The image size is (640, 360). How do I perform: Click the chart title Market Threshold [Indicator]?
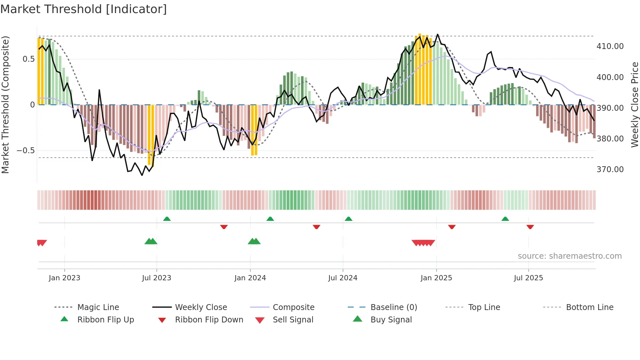tap(84, 9)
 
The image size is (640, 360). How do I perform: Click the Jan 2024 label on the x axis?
tap(250, 278)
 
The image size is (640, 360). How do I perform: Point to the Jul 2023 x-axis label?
tap(156, 278)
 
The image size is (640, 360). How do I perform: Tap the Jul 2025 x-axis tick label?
tap(528, 278)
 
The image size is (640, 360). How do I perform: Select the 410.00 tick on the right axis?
tap(610, 46)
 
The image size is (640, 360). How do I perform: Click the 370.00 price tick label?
tap(610, 170)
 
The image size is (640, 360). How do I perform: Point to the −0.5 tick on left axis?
tap(25, 151)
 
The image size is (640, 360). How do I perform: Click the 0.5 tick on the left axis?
tap(28, 59)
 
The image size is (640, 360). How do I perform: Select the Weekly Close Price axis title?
tap(634, 105)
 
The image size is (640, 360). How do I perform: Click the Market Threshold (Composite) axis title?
tap(5, 105)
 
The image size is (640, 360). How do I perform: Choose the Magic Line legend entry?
tap(98, 307)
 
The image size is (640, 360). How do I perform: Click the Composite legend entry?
tap(293, 307)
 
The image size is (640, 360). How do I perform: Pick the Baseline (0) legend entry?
tap(393, 307)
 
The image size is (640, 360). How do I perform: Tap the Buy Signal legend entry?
tap(391, 320)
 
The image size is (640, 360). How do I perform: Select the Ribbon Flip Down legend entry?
tap(209, 320)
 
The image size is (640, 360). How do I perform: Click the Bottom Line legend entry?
tap(589, 307)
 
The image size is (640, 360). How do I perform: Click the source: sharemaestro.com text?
tap(569, 256)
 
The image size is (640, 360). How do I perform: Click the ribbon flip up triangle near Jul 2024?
tap(348, 219)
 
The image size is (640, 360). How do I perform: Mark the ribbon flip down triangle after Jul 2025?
tap(530, 226)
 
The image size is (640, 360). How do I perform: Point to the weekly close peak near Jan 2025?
tap(438, 34)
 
